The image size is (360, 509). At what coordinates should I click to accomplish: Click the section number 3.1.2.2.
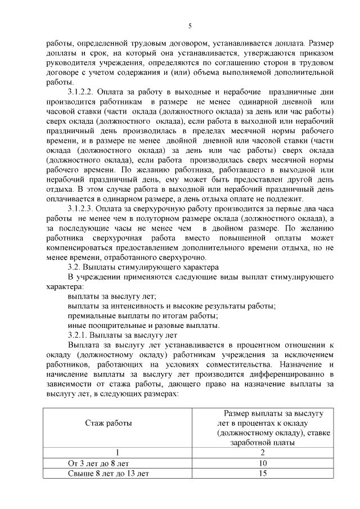point(83,92)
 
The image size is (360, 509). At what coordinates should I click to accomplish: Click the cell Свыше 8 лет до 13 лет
point(108,474)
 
